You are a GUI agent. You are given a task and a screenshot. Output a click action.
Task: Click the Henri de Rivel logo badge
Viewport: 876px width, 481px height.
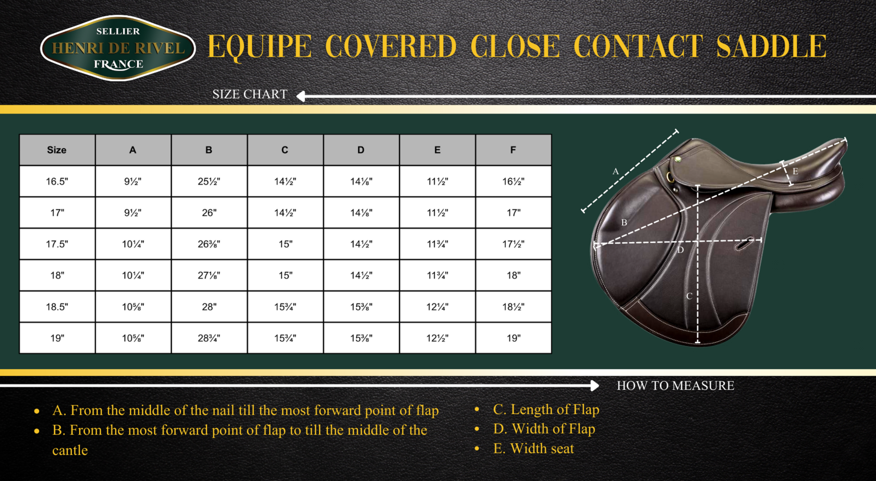pyautogui.click(x=118, y=48)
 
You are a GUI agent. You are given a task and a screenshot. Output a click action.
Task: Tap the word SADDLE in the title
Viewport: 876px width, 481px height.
pyautogui.click(x=772, y=46)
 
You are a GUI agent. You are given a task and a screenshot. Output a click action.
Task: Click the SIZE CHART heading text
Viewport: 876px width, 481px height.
pyautogui.click(x=250, y=94)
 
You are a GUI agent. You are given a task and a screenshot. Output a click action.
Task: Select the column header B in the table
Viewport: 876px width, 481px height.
pyautogui.click(x=209, y=150)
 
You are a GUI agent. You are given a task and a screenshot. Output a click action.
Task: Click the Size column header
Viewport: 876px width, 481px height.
pyautogui.click(x=57, y=150)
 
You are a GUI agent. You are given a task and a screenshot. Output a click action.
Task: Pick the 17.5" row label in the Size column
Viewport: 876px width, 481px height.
pyautogui.click(x=57, y=244)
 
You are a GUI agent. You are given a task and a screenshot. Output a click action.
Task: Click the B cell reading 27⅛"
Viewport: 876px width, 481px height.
pyautogui.click(x=209, y=275)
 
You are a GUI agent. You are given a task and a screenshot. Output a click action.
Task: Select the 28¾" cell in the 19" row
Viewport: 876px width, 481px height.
pyautogui.click(x=209, y=338)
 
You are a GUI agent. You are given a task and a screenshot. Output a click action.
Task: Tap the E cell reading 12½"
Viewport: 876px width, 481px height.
pyautogui.click(x=437, y=338)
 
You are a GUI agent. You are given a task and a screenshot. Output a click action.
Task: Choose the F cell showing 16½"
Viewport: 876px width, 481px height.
pyautogui.click(x=514, y=182)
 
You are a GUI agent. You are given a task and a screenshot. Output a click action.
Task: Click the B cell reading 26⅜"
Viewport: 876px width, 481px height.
pyautogui.click(x=209, y=244)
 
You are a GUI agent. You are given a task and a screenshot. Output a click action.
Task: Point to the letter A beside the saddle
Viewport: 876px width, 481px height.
pyautogui.click(x=615, y=171)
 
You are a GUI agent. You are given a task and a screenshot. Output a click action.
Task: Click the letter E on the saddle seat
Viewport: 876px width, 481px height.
pyautogui.click(x=795, y=171)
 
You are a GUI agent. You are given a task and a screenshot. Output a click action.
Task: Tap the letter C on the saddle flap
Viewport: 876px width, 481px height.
pyautogui.click(x=689, y=296)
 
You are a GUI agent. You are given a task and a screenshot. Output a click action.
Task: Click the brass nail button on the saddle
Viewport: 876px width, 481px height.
pyautogui.click(x=678, y=159)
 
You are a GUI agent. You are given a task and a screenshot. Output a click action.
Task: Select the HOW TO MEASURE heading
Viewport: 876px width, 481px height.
pyautogui.click(x=675, y=386)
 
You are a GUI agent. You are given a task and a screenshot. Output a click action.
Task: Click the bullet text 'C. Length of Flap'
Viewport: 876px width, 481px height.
pyautogui.click(x=546, y=410)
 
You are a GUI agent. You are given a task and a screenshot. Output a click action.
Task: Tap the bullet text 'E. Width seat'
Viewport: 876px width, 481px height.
pyautogui.click(x=533, y=449)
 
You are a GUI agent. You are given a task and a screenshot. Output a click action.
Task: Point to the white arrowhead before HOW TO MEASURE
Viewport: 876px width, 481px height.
pyautogui.click(x=594, y=386)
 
